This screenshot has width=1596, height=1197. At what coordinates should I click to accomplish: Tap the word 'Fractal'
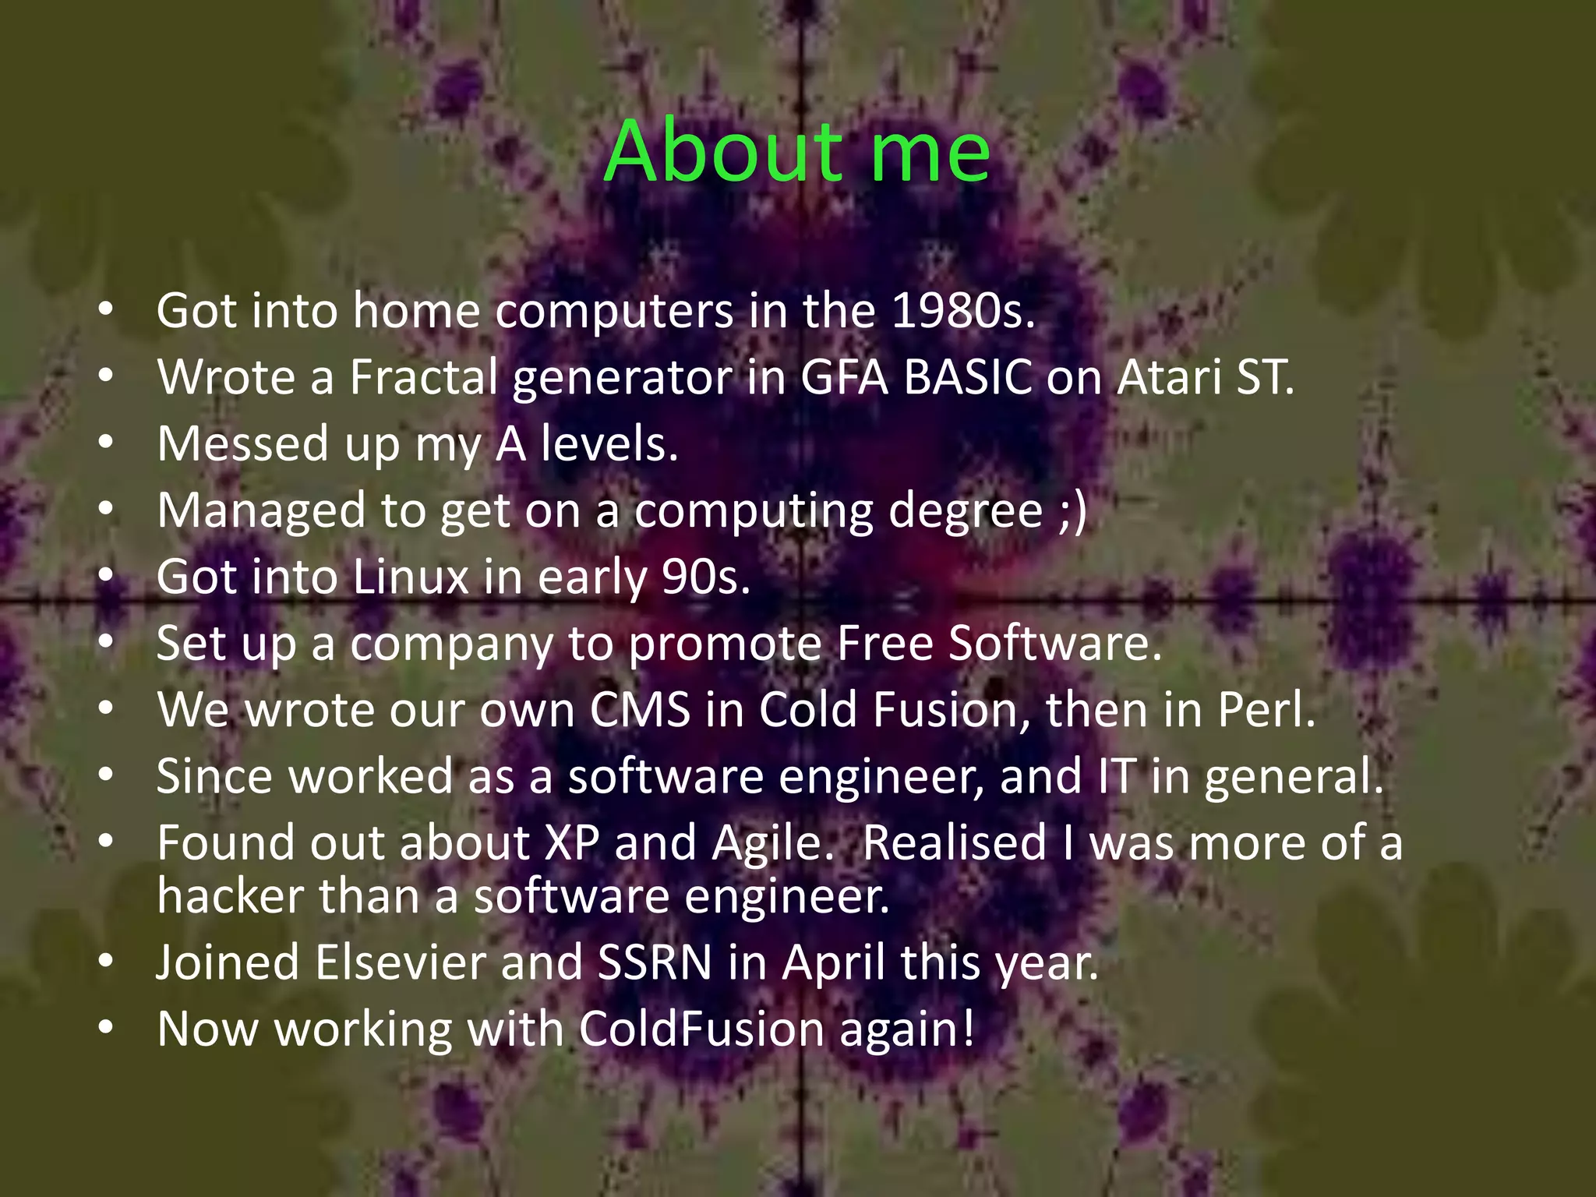[424, 378]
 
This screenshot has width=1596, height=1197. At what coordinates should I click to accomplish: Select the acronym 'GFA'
[844, 378]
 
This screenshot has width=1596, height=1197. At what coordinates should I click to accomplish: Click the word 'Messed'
[243, 444]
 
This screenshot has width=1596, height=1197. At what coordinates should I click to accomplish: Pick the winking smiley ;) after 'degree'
[1073, 511]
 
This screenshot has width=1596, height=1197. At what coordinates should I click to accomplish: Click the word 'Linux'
[411, 577]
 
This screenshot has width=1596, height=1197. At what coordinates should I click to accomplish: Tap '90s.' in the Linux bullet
[706, 577]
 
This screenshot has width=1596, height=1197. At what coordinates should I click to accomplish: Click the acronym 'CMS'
[640, 711]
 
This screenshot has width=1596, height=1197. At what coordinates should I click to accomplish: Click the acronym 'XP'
[572, 844]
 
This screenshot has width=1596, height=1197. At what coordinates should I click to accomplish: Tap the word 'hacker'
[230, 896]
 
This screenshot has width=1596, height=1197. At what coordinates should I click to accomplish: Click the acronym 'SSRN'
[655, 963]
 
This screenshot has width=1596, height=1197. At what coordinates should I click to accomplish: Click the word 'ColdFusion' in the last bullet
[701, 1029]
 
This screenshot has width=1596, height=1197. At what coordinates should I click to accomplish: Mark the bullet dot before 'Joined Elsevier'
[106, 962]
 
